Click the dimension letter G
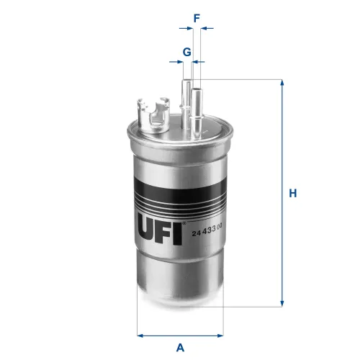pyautogui.click(x=186, y=52)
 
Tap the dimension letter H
pyautogui.click(x=293, y=193)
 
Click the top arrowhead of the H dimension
pyautogui.click(x=282, y=84)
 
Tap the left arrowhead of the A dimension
pyautogui.click(x=140, y=335)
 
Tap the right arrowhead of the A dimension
pyautogui.click(x=220, y=335)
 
